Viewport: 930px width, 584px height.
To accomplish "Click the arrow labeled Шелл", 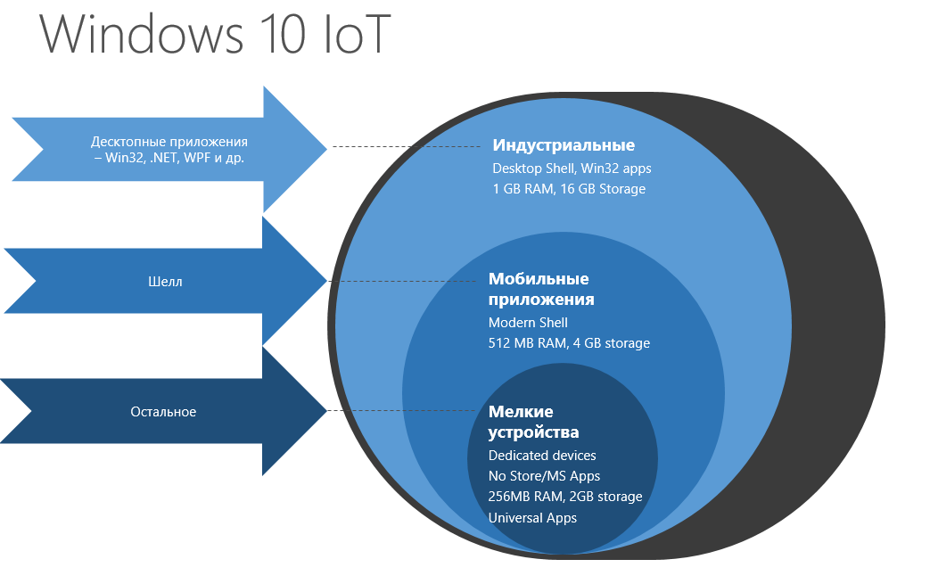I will point(165,282).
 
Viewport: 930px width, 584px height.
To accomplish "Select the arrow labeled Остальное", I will point(163,412).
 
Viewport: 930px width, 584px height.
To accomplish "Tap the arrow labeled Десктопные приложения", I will point(169,150).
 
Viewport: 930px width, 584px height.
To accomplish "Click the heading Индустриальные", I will point(564,145).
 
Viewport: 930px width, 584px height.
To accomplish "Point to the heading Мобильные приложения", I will point(541,289).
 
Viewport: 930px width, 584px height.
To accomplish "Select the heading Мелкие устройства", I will point(533,422).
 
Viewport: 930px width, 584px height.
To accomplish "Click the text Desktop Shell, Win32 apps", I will point(572,168).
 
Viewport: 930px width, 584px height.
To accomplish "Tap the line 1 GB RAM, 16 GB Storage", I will point(569,189).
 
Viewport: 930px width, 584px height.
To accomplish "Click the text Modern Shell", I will point(528,322).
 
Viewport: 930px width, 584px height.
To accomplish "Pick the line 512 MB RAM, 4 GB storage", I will point(569,343).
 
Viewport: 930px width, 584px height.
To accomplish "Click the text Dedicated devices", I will point(542,456).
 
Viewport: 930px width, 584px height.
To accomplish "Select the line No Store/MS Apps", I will point(544,476).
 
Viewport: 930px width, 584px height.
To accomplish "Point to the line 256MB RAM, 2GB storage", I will point(564,497).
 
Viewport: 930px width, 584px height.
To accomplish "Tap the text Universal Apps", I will point(532,517).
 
